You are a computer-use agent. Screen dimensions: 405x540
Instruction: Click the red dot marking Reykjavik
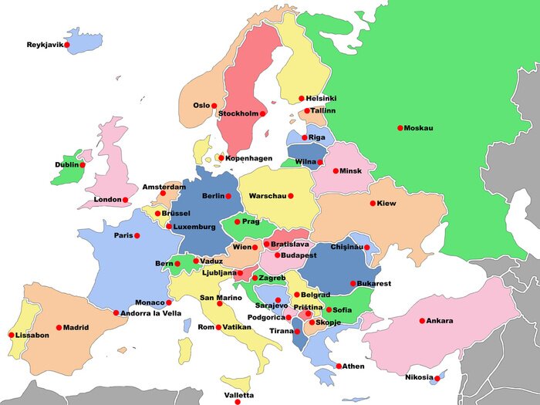click(x=67, y=45)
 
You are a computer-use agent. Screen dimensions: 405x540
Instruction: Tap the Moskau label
click(x=419, y=128)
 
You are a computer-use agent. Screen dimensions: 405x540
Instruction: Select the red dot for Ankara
click(x=422, y=321)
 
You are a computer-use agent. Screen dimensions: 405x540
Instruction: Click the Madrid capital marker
click(x=59, y=328)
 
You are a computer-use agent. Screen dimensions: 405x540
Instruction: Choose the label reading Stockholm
click(x=238, y=113)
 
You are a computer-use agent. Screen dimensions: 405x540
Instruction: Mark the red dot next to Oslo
click(x=215, y=106)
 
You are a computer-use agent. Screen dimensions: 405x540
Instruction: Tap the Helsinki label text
click(x=321, y=99)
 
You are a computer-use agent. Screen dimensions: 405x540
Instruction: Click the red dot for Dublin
click(x=83, y=165)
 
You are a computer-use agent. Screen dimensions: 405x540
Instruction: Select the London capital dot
click(x=125, y=200)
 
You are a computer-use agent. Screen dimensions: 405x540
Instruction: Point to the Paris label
click(x=123, y=235)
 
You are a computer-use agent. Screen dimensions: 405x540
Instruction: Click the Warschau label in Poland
click(x=267, y=196)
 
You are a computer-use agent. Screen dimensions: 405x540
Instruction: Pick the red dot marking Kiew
click(x=373, y=204)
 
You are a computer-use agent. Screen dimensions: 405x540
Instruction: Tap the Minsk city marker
click(x=336, y=170)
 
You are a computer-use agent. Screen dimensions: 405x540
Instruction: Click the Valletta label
click(x=238, y=395)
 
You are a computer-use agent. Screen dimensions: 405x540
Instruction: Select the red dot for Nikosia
click(x=437, y=378)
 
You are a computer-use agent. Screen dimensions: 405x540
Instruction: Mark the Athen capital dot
click(x=339, y=366)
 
